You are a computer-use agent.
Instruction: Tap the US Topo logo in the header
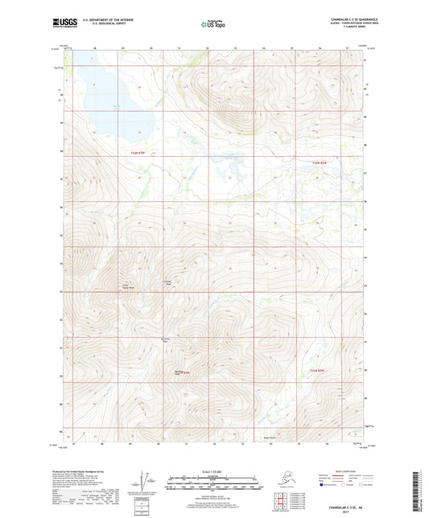pyautogui.click(x=213, y=25)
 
